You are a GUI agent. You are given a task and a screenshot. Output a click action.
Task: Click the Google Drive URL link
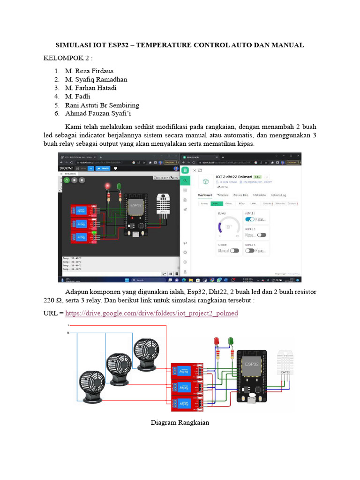click(151, 313)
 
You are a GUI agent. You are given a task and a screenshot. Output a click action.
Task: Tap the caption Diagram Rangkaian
click(180, 422)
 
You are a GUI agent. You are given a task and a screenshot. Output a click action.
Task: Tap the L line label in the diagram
click(69, 325)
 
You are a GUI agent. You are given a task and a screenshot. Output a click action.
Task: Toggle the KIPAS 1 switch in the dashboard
click(250, 219)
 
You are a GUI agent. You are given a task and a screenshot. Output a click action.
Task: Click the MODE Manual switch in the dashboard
click(234, 251)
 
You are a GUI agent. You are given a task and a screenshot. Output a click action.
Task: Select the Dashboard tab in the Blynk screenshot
click(205, 195)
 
